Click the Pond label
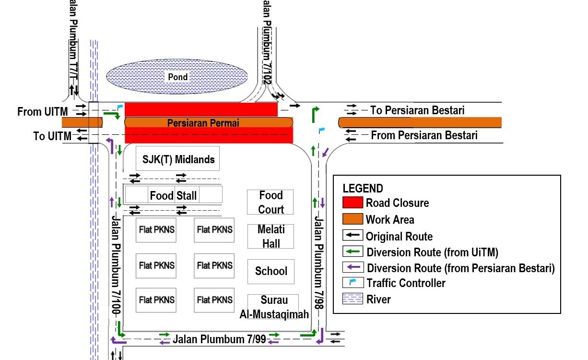coord(177,77)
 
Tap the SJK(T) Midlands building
coord(178,159)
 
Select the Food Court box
coord(270,202)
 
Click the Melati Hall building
coord(270,236)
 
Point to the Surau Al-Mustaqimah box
coord(273,307)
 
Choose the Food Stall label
coord(173,195)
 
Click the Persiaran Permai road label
coord(203,123)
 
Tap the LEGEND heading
coord(363,188)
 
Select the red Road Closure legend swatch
coord(353,203)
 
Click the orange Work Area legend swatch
coord(353,219)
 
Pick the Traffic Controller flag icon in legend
coord(353,282)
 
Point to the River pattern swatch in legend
coord(353,299)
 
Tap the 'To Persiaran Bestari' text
coord(417,110)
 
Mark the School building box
coord(270,271)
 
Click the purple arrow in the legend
coord(353,267)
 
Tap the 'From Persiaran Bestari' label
coord(424,135)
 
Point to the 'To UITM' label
coord(52,136)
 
